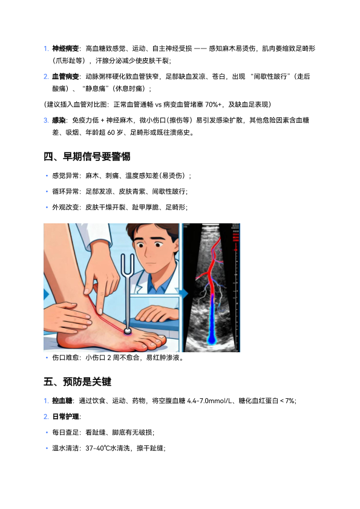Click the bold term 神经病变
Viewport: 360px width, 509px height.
[x=65, y=48]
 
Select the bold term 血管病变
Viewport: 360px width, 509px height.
[x=65, y=77]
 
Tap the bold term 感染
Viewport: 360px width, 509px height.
[x=59, y=120]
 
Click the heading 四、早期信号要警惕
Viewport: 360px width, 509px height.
[x=87, y=157]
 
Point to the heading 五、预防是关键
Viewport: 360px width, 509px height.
[x=77, y=381]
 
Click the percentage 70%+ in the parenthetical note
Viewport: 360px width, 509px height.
[x=213, y=105]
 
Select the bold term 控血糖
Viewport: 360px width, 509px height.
[x=62, y=401]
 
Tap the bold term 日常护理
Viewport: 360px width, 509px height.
[x=65, y=417]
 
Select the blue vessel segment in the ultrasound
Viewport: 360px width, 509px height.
[x=212, y=320]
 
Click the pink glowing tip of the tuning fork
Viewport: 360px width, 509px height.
[x=127, y=331]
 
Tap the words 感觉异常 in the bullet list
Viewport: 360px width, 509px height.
[x=65, y=176]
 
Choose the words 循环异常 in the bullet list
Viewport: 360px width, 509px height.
[x=65, y=191]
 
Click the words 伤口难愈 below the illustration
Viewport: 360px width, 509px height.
[x=65, y=358]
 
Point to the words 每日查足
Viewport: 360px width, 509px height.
[x=65, y=433]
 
